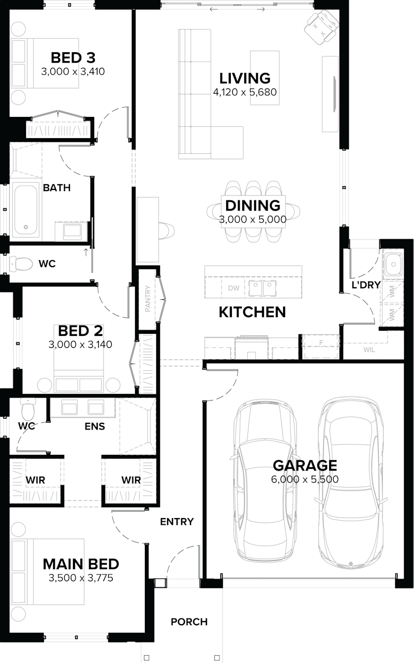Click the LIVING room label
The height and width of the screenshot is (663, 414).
point(245,78)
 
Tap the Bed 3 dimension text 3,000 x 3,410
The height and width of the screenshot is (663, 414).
point(73,71)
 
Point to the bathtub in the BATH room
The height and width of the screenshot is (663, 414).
point(25,209)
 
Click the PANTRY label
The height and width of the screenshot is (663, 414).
point(147,299)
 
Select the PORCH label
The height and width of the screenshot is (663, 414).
point(189,622)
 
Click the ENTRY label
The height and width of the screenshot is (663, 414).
point(176,521)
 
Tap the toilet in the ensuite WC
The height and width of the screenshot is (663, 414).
point(27,409)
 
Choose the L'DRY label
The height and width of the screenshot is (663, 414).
point(366,284)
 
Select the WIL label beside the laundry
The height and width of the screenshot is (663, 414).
point(369,349)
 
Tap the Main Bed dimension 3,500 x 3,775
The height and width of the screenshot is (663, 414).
point(81,578)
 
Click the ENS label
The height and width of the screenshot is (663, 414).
point(95,426)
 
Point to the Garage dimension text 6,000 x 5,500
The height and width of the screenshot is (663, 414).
point(305,479)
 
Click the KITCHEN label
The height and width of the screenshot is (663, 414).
point(252,312)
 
